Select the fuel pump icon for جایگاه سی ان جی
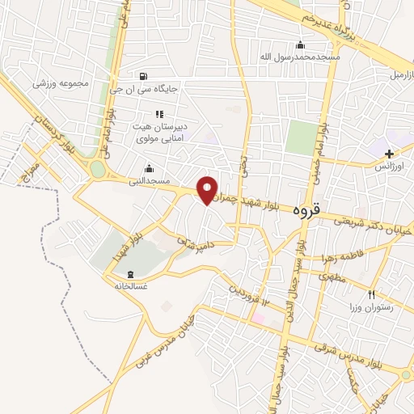[144, 77]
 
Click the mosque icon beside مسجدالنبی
[148, 168]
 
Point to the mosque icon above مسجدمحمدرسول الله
[301, 44]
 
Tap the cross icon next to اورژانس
[390, 153]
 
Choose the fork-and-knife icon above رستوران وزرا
[372, 295]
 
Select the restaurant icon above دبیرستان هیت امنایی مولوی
[159, 114]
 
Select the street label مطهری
[331, 276]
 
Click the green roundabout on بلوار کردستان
[98, 169]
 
